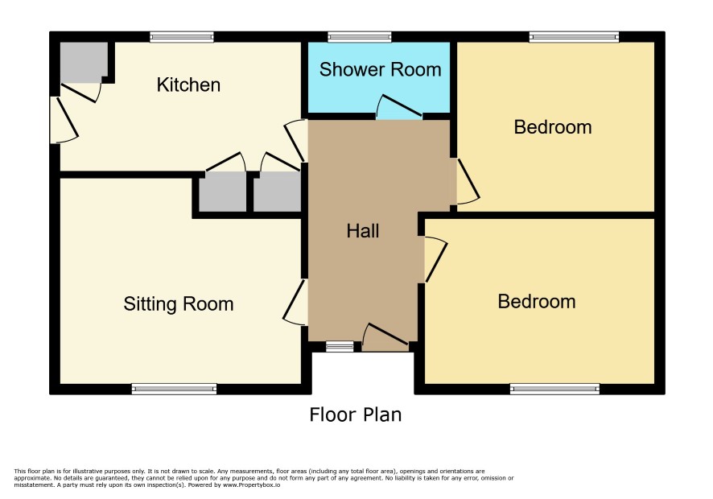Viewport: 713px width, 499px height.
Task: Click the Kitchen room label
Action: coord(188,85)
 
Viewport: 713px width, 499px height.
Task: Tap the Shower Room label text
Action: coord(380,69)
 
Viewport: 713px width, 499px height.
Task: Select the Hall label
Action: coord(362,231)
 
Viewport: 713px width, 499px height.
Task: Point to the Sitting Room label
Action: coord(179,304)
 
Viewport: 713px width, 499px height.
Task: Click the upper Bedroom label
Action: coord(553,127)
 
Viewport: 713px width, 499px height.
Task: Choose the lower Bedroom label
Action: coord(537,302)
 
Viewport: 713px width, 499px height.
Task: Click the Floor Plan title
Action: coord(356,414)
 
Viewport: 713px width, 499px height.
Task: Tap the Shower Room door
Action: coord(399,107)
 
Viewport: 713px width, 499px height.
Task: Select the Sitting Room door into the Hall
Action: coord(295,303)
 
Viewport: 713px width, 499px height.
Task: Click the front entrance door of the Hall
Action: coord(385,337)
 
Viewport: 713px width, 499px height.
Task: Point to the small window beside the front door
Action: coord(340,347)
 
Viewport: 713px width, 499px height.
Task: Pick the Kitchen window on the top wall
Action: coord(182,37)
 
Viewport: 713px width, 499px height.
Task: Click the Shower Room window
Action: coord(360,37)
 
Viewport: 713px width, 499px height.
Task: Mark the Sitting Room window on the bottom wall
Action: coord(174,389)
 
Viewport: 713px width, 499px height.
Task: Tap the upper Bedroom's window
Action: coord(574,37)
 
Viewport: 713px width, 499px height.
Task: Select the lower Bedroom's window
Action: coord(554,389)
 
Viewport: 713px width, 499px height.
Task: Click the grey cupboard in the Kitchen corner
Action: coord(84,63)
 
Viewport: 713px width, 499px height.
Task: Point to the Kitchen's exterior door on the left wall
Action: coord(64,119)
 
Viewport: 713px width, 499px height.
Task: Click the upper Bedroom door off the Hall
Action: coord(467,181)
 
